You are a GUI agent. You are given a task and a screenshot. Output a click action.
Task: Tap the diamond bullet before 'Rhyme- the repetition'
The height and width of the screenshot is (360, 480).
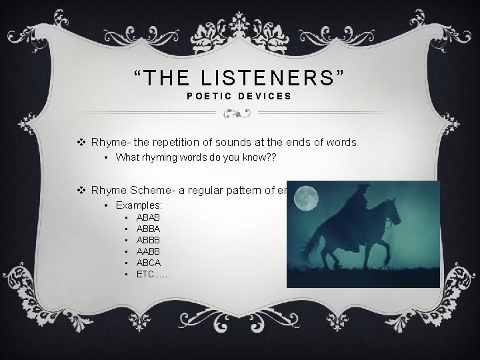[81, 142]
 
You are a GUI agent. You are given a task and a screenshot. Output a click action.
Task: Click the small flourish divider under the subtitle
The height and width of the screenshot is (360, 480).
[239, 114]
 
